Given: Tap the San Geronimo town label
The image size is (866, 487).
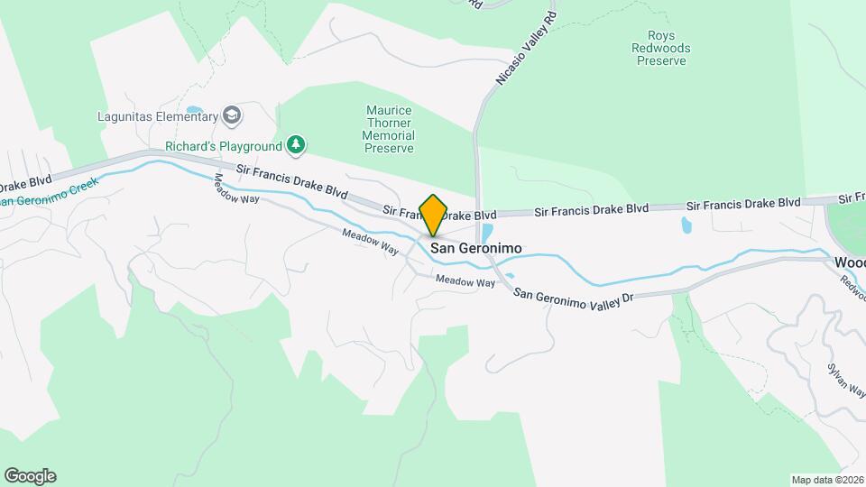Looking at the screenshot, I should [475, 248].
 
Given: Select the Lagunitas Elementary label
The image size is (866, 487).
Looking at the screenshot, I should [157, 115].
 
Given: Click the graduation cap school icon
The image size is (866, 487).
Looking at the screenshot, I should [233, 115].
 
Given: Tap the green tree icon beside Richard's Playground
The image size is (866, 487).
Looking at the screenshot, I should [296, 144].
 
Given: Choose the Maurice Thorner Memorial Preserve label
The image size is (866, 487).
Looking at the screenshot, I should [389, 129].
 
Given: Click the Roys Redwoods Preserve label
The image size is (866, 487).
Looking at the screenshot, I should [661, 49].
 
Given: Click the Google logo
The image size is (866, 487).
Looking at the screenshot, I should [30, 476].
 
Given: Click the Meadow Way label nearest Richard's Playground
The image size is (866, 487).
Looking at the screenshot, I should [236, 188].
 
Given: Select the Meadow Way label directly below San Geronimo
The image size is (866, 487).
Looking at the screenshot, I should [465, 282].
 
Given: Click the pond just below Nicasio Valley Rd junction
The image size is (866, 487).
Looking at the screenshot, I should [487, 233].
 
